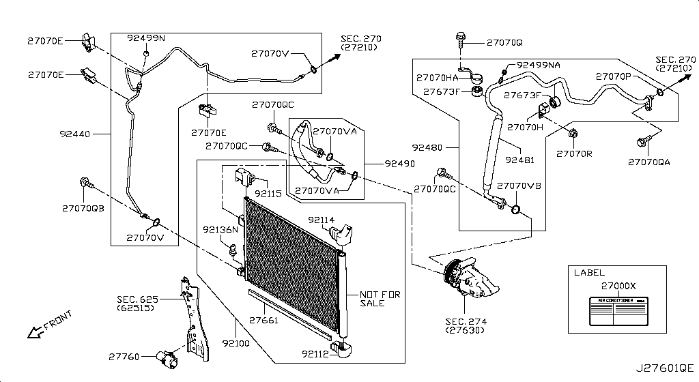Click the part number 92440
click(75, 135)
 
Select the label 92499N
click(146, 38)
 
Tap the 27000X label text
click(618, 286)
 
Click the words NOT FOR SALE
click(380, 299)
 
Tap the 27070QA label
click(650, 162)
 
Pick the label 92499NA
click(538, 65)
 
